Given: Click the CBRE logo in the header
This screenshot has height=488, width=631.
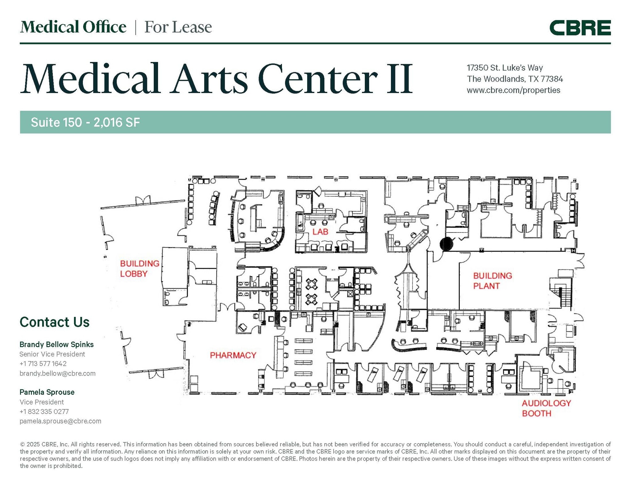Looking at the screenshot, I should pos(580,28).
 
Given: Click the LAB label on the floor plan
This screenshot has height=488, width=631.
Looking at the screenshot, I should pos(320,232).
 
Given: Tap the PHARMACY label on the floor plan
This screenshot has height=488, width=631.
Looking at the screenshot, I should pos(233,355).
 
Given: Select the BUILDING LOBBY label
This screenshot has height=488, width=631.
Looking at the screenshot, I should pos(140,269).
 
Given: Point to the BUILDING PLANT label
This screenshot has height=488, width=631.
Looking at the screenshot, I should pos(492,281).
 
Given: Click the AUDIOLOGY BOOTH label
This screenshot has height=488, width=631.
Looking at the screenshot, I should pos(546,408).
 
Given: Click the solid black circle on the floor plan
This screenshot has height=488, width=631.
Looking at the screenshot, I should pos(446,244).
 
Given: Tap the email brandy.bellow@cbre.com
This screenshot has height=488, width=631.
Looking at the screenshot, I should pos(58,373).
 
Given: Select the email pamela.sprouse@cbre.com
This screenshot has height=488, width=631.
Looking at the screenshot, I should pos(60,421).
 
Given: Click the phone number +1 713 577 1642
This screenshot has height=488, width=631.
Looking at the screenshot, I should pos(43,364).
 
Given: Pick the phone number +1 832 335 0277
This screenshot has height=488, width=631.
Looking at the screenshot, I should pos(44,412).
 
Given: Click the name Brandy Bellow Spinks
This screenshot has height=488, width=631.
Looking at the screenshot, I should pos(57,344).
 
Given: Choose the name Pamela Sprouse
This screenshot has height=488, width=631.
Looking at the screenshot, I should pos(47,392).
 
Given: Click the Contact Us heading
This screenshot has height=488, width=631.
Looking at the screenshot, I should pos(55,322).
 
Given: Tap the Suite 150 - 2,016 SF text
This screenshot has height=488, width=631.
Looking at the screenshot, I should pos(85,122).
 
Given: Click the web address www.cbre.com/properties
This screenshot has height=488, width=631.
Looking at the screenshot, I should pos(513,90).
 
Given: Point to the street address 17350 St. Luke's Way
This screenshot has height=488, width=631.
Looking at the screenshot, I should pos(505,68).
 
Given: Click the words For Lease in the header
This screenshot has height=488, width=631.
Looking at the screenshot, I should pos(178,27).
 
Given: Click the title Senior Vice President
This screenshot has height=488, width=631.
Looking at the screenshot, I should pos(52,354).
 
